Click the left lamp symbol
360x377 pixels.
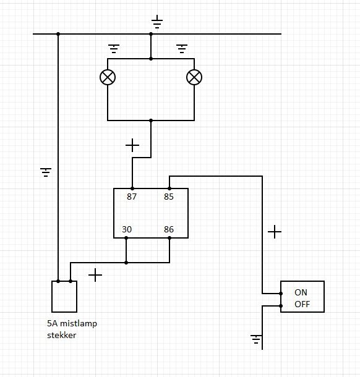coord(108,77)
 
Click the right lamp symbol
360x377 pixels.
coord(194,77)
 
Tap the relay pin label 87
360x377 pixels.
coord(132,197)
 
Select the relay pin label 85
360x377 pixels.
coord(169,197)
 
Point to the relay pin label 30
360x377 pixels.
coord(127,229)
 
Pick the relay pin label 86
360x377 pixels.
coord(169,229)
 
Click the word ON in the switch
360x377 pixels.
coord(301,292)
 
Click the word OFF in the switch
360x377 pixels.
coord(302,304)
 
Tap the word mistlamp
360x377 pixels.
coord(79,324)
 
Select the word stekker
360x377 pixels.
coord(62,335)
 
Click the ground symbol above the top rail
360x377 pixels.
coord(157,22)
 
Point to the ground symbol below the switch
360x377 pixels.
coord(256,339)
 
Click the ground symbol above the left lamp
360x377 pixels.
coord(114,49)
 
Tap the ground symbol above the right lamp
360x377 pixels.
coord(182,49)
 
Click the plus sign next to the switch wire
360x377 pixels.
coord(275,232)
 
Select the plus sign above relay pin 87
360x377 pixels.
coord(132,145)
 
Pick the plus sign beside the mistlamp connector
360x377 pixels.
coord(95,275)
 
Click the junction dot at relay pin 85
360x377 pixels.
coord(169,188)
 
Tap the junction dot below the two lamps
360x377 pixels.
coord(151,121)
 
